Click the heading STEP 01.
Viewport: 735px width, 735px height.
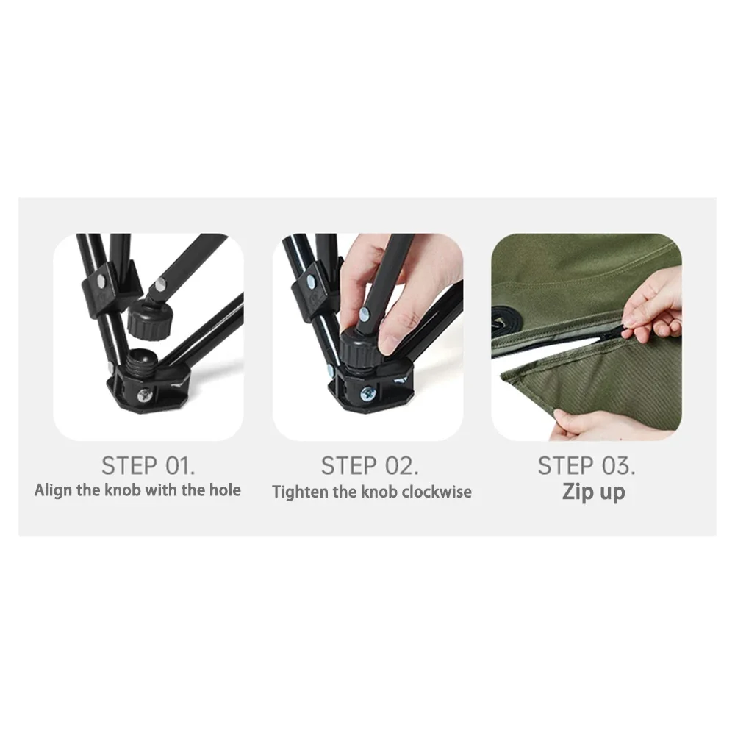(148, 465)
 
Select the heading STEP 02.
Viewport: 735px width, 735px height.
(370, 465)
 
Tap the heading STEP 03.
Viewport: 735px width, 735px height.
(587, 465)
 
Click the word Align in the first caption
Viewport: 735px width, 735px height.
(53, 490)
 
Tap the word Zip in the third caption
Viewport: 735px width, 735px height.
(574, 492)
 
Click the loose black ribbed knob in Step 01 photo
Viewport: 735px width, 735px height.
(148, 319)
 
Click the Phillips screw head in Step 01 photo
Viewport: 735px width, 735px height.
(143, 396)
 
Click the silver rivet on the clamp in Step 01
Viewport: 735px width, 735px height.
(100, 282)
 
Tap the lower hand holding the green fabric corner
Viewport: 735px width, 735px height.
(572, 423)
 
